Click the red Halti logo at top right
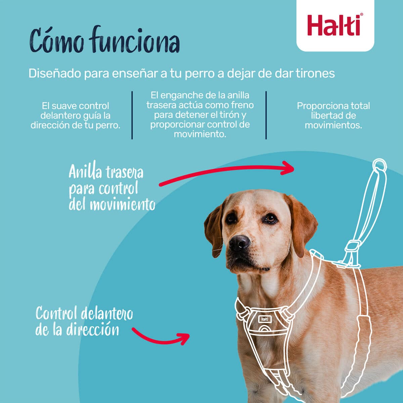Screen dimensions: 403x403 [335, 25]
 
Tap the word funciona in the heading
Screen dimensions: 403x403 [135, 41]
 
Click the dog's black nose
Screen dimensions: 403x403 [239, 242]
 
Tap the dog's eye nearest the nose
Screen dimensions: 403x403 [231, 218]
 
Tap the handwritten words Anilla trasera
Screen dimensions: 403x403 [106, 172]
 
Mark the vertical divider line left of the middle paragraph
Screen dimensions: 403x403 [132, 115]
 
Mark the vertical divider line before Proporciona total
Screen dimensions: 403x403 [266, 115]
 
